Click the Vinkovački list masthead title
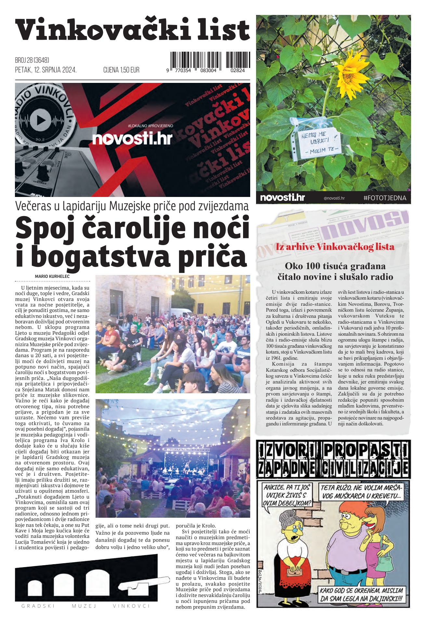(x=132, y=30)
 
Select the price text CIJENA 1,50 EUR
(x=121, y=70)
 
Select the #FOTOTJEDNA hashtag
(x=385, y=198)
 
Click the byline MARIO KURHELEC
(x=52, y=276)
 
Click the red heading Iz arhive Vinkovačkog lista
(x=335, y=247)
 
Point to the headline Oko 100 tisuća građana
(x=335, y=266)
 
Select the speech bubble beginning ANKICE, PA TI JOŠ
(x=287, y=495)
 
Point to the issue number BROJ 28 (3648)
(x=32, y=60)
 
